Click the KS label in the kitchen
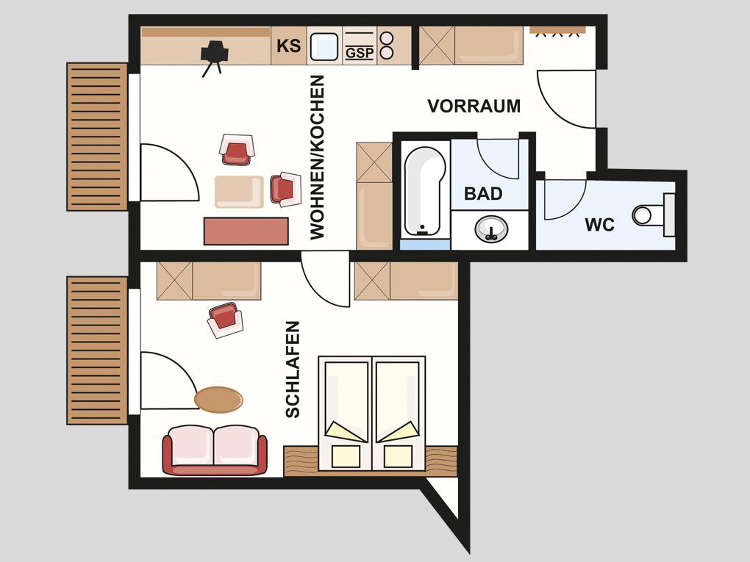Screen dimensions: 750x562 pyautogui.click(x=289, y=46)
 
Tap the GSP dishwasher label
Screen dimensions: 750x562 pyautogui.click(x=360, y=53)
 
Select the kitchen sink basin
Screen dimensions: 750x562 pyautogui.click(x=324, y=47)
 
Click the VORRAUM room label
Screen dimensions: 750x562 pyautogui.click(x=474, y=106)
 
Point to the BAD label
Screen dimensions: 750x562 pyautogui.click(x=483, y=193)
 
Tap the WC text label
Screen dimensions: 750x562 pyautogui.click(x=600, y=225)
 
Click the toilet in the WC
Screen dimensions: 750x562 pyautogui.click(x=653, y=215)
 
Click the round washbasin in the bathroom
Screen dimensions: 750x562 pyautogui.click(x=491, y=229)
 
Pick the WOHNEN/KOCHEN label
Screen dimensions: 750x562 pyautogui.click(x=317, y=157)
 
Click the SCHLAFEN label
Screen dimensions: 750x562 pyautogui.click(x=292, y=370)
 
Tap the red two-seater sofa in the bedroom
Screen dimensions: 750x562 pyautogui.click(x=215, y=450)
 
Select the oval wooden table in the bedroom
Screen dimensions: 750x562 pyautogui.click(x=218, y=400)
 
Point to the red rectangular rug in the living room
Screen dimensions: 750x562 pyautogui.click(x=246, y=231)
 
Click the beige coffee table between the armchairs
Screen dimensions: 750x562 pyautogui.click(x=239, y=192)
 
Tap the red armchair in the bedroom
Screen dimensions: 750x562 pyautogui.click(x=225, y=320)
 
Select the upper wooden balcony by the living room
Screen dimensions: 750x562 pyautogui.click(x=97, y=137)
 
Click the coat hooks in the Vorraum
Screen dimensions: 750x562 pyautogui.click(x=557, y=32)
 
